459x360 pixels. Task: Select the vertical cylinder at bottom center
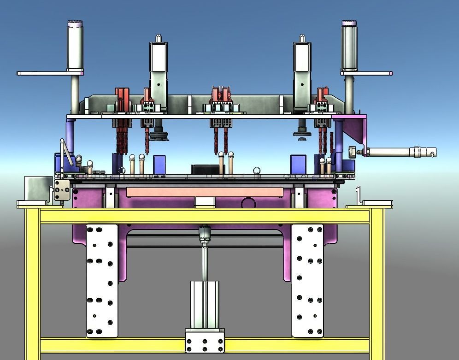click(x=205, y=304)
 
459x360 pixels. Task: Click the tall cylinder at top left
click(x=75, y=46)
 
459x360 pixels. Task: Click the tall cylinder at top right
click(x=349, y=46)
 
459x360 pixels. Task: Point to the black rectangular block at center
click(x=205, y=169)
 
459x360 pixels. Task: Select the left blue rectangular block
click(x=159, y=164)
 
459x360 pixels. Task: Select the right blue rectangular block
click(x=298, y=164)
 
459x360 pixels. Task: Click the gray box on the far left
click(x=37, y=188)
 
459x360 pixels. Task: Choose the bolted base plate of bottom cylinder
click(x=205, y=342)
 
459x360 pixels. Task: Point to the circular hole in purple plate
click(x=248, y=203)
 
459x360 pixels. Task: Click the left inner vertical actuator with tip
click(x=158, y=65)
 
